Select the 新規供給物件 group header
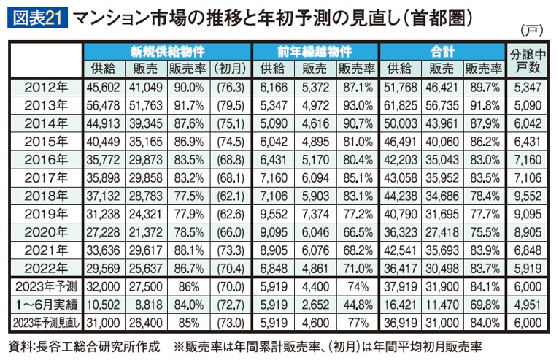(x=167, y=53)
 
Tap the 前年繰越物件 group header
(x=315, y=53)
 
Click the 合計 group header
(x=443, y=53)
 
